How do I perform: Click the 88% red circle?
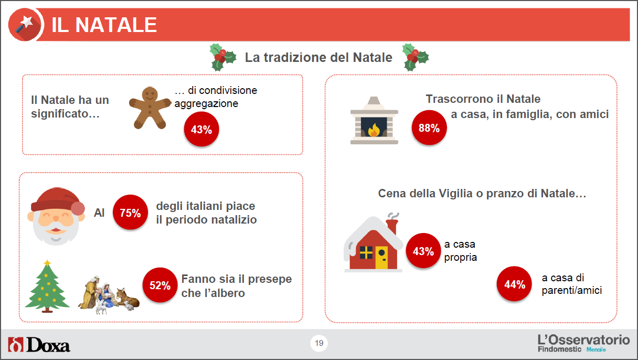point(429,128)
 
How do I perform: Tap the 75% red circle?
point(130,213)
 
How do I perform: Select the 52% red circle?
point(160,285)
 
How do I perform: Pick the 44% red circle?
point(514,284)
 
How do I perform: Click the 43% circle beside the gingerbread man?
point(201,129)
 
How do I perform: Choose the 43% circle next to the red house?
point(423,251)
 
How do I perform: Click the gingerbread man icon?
point(150,108)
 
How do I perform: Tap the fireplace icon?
point(374,121)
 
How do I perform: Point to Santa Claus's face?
point(56,216)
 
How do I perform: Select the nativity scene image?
point(109,295)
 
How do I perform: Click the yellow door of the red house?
point(381,258)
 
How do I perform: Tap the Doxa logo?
point(39,345)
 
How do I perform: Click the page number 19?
point(319,343)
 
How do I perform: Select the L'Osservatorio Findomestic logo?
point(583,344)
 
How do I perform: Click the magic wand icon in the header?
point(25,25)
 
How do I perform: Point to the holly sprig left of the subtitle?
point(222,57)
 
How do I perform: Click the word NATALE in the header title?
point(116,25)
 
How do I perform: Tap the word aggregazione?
point(206,104)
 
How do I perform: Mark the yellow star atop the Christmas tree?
point(47,262)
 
